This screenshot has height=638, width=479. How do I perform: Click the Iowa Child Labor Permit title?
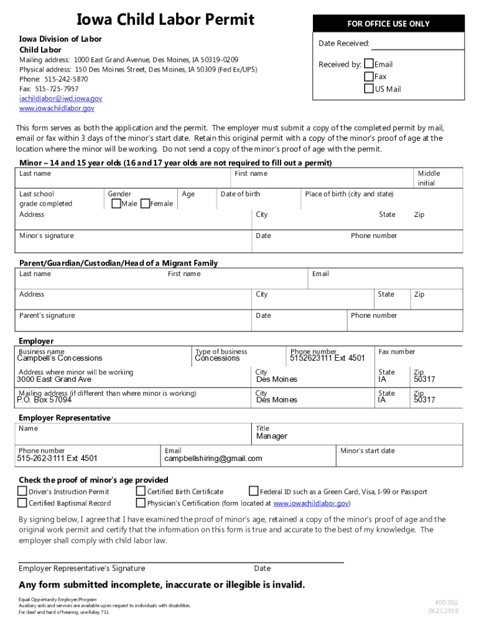pyautogui.click(x=165, y=19)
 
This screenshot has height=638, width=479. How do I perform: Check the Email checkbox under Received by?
pyautogui.click(x=369, y=64)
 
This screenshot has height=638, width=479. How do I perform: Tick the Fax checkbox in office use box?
pyautogui.click(x=369, y=76)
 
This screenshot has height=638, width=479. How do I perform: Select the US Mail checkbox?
pyautogui.click(x=369, y=88)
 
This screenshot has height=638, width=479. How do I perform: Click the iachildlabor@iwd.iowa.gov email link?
pyautogui.click(x=60, y=98)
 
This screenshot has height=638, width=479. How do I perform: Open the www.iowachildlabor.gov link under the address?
pyautogui.click(x=57, y=108)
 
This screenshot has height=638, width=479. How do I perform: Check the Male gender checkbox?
pyautogui.click(x=115, y=203)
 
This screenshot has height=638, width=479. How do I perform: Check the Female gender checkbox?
pyautogui.click(x=145, y=203)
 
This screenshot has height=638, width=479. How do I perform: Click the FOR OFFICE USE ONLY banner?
pyautogui.click(x=388, y=24)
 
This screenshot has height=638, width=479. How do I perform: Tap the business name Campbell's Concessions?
pyautogui.click(x=60, y=358)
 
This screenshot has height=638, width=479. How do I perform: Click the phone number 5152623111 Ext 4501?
pyautogui.click(x=327, y=358)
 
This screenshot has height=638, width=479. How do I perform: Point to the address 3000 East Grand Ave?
pyautogui.click(x=54, y=379)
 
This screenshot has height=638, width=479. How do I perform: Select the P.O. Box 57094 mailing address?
pyautogui.click(x=44, y=400)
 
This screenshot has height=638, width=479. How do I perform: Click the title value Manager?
pyautogui.click(x=272, y=436)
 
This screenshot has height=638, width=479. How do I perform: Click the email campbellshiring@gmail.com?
pyautogui.click(x=213, y=459)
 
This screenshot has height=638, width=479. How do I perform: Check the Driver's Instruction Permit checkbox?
pyautogui.click(x=23, y=491)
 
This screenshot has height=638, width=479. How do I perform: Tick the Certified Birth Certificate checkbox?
pyautogui.click(x=141, y=491)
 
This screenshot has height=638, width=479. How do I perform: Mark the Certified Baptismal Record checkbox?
pyautogui.click(x=23, y=503)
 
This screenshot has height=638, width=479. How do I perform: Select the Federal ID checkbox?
pyautogui.click(x=254, y=491)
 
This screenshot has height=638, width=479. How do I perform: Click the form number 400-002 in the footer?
pyautogui.click(x=446, y=602)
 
